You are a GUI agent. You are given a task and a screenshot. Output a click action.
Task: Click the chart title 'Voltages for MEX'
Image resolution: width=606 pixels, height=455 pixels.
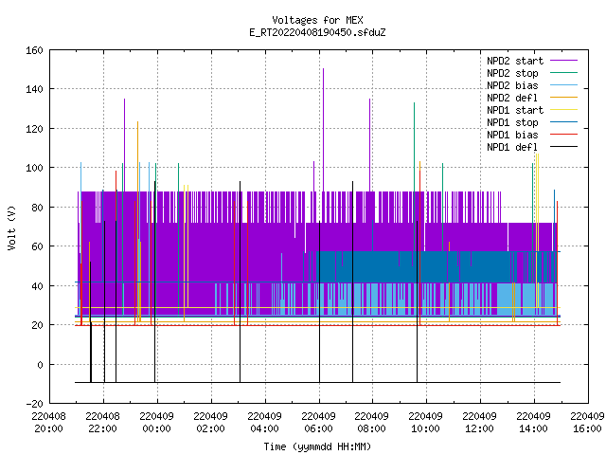tap(317, 20)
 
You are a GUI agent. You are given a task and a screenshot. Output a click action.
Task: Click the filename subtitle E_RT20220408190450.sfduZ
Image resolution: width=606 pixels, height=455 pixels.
tap(317, 32)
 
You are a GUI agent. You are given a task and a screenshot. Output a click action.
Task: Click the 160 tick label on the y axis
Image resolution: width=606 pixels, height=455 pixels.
tap(34, 50)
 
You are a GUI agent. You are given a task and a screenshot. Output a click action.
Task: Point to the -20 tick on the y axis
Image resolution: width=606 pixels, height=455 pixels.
tap(34, 404)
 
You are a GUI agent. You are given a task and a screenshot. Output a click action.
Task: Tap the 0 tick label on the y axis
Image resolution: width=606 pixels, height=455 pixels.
tap(40, 364)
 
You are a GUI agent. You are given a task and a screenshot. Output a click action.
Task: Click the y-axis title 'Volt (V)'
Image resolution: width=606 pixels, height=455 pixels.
tap(11, 227)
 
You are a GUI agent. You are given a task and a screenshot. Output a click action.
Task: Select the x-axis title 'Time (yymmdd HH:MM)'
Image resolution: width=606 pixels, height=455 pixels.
tap(317, 446)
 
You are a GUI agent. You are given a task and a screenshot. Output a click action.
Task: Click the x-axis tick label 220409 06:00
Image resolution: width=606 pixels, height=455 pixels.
tap(318, 422)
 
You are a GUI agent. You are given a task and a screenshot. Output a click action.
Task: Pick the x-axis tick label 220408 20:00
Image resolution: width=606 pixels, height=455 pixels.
tap(48, 422)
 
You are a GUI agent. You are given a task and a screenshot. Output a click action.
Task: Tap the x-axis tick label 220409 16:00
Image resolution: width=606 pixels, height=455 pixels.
tap(587, 422)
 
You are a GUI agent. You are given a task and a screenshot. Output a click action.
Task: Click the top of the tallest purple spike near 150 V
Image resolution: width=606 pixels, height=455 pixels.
tap(323, 69)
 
